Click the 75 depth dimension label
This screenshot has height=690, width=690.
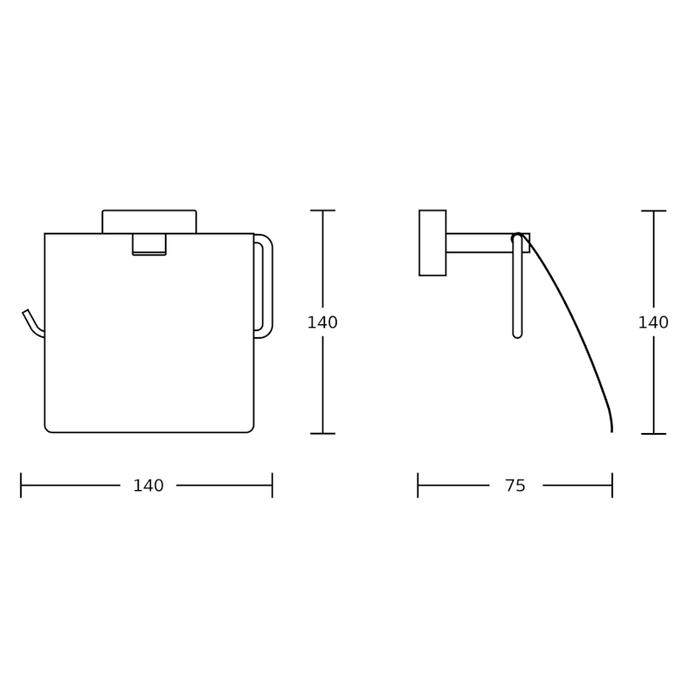click(x=515, y=486)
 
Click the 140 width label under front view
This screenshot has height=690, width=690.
click(x=148, y=486)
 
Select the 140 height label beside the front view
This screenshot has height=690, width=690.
click(x=323, y=323)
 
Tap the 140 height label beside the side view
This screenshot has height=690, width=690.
click(x=654, y=323)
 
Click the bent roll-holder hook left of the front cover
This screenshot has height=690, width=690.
click(x=32, y=324)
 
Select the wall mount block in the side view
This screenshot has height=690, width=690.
click(x=433, y=243)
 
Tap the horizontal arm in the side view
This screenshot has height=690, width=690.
click(x=487, y=243)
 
